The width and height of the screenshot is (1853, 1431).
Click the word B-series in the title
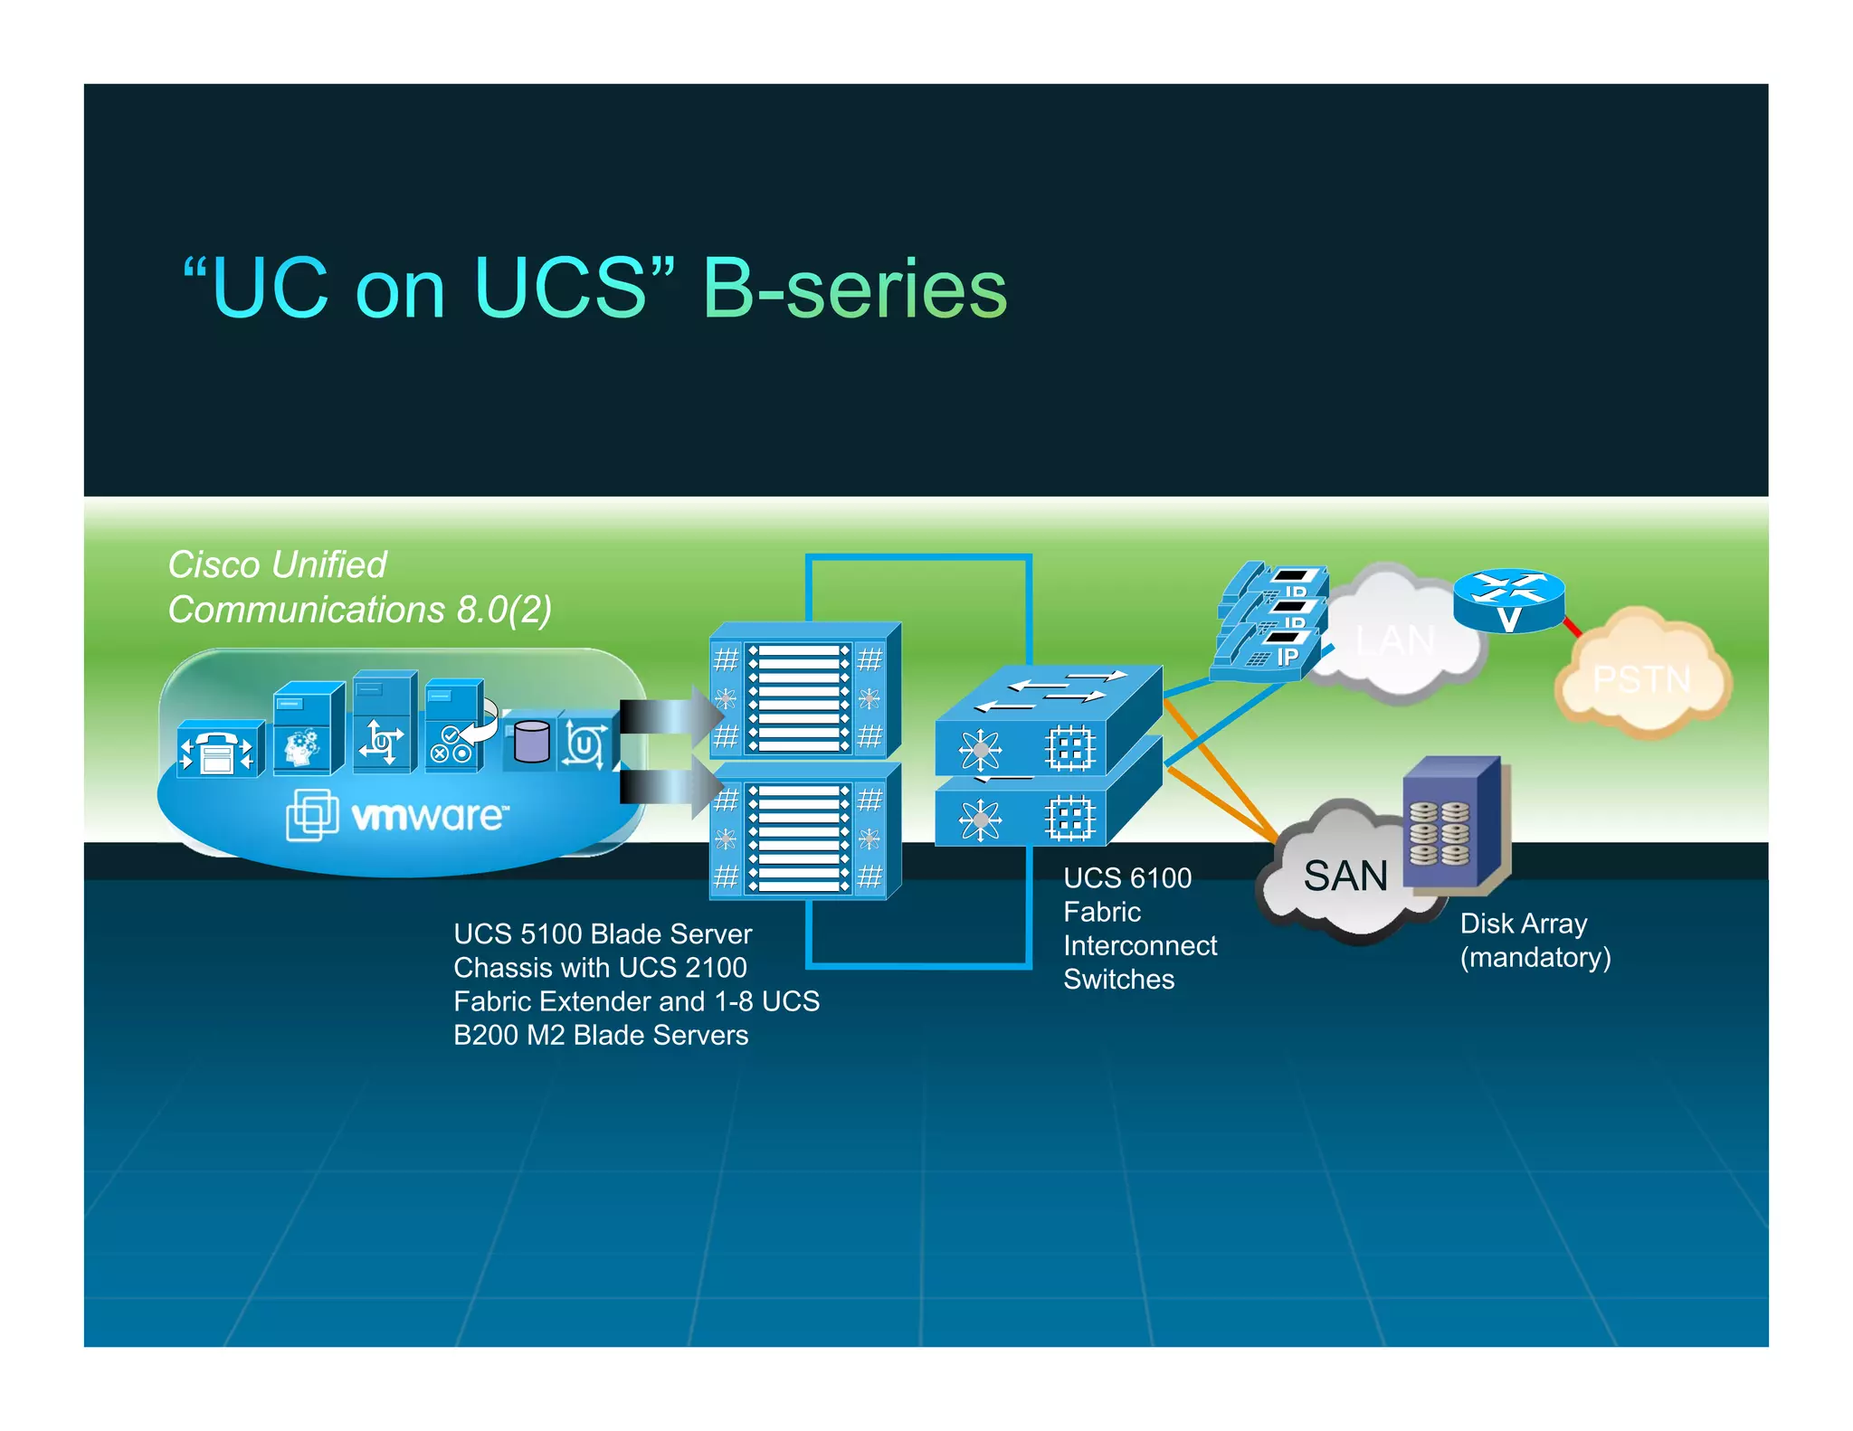tap(854, 289)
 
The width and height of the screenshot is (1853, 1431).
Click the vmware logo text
tap(429, 816)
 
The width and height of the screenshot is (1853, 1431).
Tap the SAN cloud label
tap(1345, 876)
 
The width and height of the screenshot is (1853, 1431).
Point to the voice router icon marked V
tap(1508, 601)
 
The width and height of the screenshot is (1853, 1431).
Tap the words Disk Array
tap(1523, 924)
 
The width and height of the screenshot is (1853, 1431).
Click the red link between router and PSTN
tap(1573, 626)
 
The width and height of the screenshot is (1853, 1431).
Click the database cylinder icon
tap(531, 742)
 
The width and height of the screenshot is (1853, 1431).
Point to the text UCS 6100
tap(1126, 877)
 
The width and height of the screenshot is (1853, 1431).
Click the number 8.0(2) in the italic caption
tap(504, 610)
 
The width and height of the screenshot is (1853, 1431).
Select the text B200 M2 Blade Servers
tap(601, 1035)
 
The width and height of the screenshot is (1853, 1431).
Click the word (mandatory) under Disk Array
tap(1535, 957)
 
